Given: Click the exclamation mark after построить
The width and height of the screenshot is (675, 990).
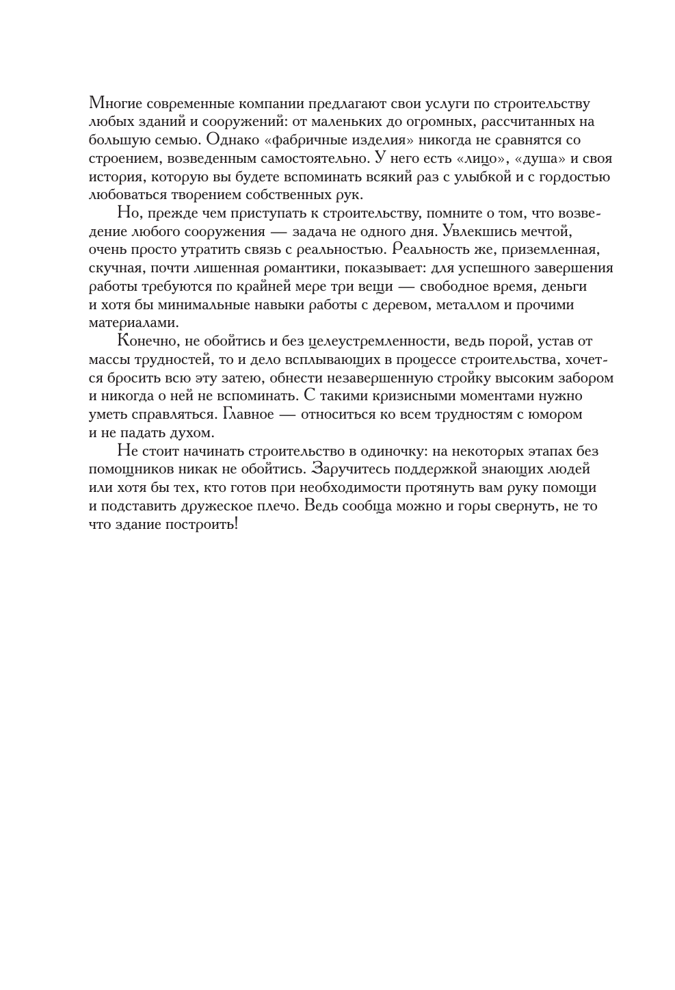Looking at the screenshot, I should click(235, 525).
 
